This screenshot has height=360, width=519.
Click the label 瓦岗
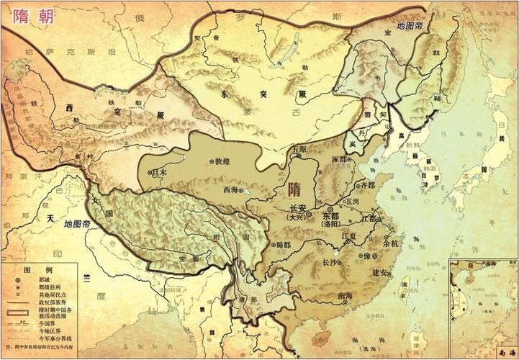pyautogui.click(x=351, y=203)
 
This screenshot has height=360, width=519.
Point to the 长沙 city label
pyautogui.click(x=332, y=262)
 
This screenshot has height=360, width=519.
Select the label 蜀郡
pyautogui.click(x=281, y=244)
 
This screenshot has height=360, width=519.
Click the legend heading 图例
pyautogui.click(x=34, y=269)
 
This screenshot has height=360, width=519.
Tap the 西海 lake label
pyautogui.click(x=231, y=190)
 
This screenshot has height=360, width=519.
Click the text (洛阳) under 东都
pyautogui.click(x=333, y=225)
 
